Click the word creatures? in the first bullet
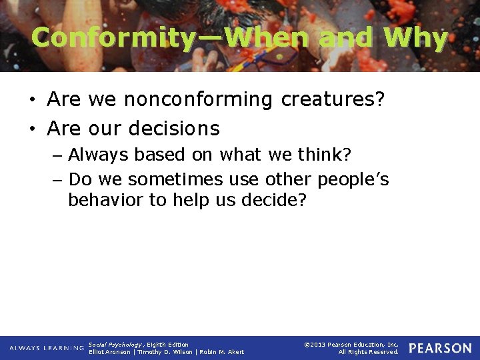tap(333, 100)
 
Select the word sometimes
tap(173, 180)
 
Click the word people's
tap(353, 180)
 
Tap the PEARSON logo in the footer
tap(440, 348)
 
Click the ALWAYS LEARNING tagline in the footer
tap(47, 348)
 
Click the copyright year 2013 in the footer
tap(319, 344)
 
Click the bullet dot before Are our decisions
tap(32, 128)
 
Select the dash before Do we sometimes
tap(58, 180)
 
